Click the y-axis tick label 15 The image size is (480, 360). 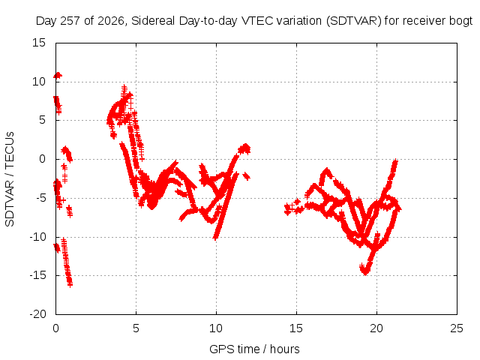[39, 43]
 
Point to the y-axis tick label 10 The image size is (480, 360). [39, 82]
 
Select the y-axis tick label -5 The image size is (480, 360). [40, 198]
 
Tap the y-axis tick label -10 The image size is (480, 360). [37, 237]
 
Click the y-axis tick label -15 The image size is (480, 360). [37, 275]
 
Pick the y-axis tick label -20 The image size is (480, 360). [37, 314]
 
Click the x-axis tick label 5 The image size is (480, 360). [136, 328]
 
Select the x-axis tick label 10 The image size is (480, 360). [216, 328]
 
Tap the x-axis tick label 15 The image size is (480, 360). [296, 328]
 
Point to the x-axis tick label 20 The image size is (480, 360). [376, 328]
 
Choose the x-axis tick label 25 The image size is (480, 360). [457, 328]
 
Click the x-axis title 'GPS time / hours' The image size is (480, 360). [254, 349]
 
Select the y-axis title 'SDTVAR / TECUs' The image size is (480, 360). [10, 179]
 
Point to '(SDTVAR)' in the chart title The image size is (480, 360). [353, 21]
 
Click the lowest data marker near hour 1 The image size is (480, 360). [70, 285]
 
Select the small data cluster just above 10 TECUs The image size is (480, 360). [58, 75]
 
